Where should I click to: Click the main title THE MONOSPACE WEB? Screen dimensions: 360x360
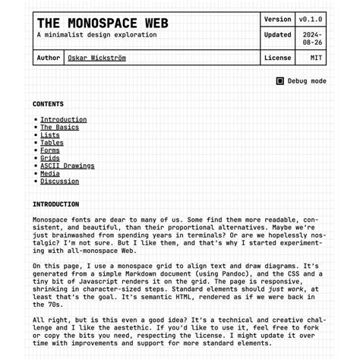point(103,24)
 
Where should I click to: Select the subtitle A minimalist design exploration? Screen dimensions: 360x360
point(92,36)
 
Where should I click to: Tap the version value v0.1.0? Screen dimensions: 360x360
point(311,19)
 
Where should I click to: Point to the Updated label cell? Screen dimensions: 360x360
point(277,34)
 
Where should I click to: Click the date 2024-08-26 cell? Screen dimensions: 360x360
point(311,38)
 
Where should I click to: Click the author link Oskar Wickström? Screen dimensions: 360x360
point(96,58)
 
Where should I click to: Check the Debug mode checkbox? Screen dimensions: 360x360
point(280,81)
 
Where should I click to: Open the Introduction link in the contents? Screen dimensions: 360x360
point(63,119)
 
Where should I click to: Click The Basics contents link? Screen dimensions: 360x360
point(59,127)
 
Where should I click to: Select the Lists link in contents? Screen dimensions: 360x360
point(49,135)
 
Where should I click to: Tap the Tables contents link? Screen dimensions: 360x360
point(52,143)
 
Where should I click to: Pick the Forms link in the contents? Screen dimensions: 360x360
point(49,150)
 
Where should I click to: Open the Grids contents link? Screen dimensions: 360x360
point(49,158)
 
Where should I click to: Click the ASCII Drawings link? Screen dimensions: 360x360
point(67,166)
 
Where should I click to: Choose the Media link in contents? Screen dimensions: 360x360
point(49,173)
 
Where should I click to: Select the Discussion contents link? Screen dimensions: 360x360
point(59,182)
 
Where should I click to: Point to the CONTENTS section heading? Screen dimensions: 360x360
point(48,104)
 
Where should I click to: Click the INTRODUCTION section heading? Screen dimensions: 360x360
point(55,204)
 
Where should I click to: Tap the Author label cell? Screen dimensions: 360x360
point(48,58)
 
